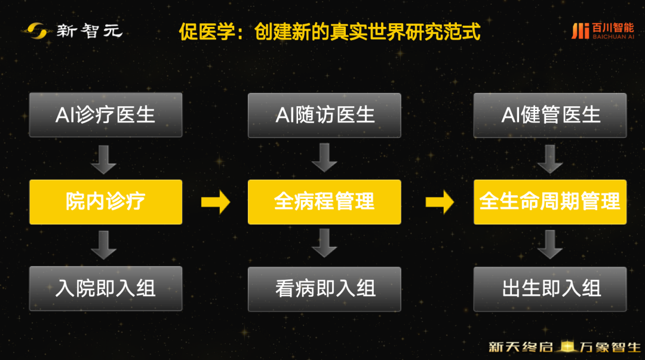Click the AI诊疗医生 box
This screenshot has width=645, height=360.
(106, 115)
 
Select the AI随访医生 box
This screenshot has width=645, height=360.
(324, 115)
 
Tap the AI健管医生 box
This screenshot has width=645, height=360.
(550, 115)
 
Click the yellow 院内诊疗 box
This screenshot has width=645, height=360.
(106, 202)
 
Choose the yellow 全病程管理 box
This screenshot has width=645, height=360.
(324, 202)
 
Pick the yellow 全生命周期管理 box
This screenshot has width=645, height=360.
(550, 202)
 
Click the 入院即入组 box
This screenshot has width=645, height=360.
(106, 288)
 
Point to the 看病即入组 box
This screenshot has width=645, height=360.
(324, 289)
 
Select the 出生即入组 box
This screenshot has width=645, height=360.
(550, 289)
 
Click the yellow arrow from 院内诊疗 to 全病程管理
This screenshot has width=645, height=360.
(216, 202)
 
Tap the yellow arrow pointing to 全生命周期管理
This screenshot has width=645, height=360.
(440, 202)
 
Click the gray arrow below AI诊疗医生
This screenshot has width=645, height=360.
(104, 159)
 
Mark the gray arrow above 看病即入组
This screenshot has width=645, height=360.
(324, 243)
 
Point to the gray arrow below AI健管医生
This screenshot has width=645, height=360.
(550, 159)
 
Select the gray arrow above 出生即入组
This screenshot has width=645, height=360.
(550, 244)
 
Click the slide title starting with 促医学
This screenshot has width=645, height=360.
(330, 32)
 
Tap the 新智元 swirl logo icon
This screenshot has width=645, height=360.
(37, 31)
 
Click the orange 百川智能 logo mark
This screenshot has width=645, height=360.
(580, 31)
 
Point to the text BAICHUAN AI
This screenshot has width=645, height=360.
(613, 36)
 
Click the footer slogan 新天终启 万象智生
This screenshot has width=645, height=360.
(564, 347)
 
